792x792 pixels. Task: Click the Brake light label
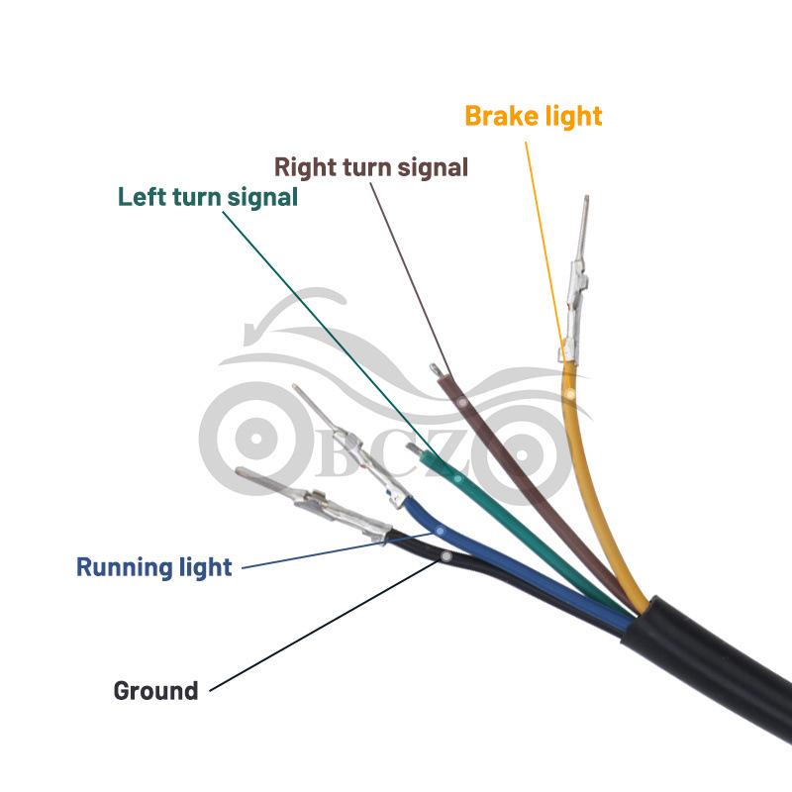[533, 116]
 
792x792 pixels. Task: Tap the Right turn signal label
[370, 167]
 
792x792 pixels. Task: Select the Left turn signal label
[208, 197]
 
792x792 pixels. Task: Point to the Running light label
[154, 567]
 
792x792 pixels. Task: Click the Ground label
[155, 690]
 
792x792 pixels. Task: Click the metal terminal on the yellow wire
[576, 283]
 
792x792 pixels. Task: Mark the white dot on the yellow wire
[570, 394]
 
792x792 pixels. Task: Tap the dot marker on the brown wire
[462, 403]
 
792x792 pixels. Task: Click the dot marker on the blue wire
[440, 532]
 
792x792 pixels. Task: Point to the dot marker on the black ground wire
[446, 556]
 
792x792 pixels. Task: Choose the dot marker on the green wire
[457, 478]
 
